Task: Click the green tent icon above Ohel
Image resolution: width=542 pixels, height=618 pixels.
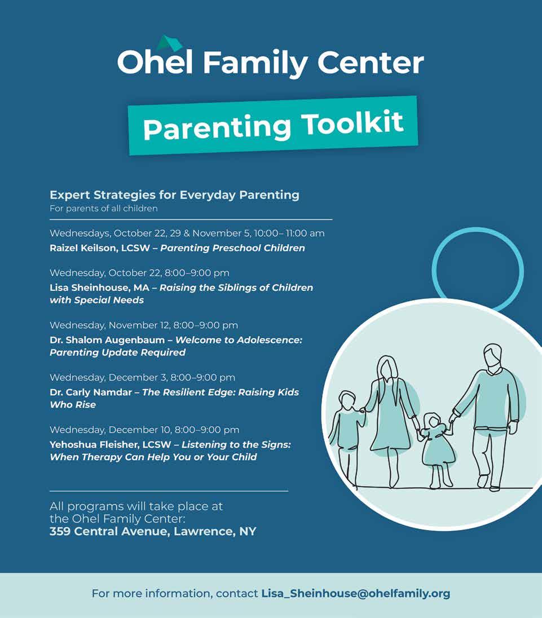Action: tap(170, 43)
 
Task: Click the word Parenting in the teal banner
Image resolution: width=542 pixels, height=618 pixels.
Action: tap(217, 128)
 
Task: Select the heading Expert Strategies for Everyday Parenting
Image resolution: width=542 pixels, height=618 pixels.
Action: tap(174, 195)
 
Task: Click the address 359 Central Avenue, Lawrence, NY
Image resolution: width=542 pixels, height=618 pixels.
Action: tap(153, 531)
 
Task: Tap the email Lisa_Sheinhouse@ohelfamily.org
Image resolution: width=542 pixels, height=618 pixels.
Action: tap(355, 593)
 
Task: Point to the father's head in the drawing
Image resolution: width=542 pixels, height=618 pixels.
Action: tap(491, 356)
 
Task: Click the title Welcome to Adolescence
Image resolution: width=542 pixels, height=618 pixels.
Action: tap(239, 340)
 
